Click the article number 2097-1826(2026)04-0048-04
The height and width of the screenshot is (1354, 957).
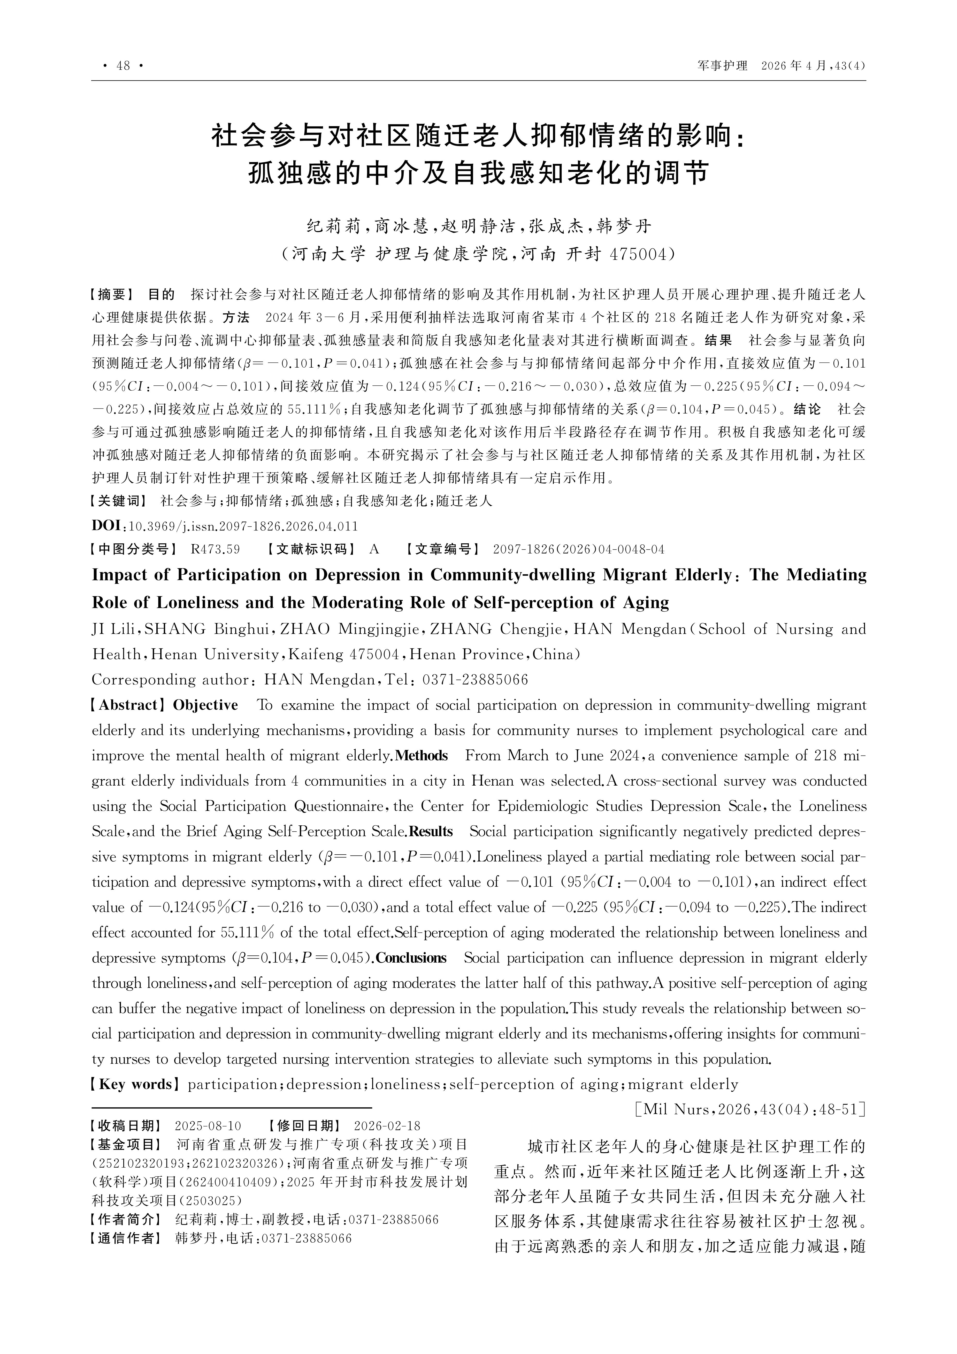[x=578, y=550]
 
